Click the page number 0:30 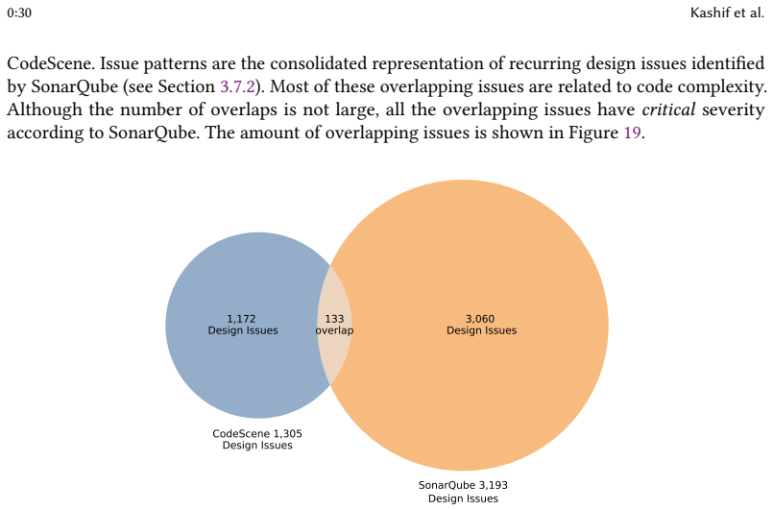19,12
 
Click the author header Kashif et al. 727,12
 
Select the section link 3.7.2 237,86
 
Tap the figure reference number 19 633,133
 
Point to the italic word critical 668,109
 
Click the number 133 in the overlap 334,319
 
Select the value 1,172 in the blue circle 241,319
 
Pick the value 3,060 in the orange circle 480,319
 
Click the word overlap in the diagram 334,330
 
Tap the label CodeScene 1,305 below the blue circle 257,433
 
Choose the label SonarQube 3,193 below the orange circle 463,485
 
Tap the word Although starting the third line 44,109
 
